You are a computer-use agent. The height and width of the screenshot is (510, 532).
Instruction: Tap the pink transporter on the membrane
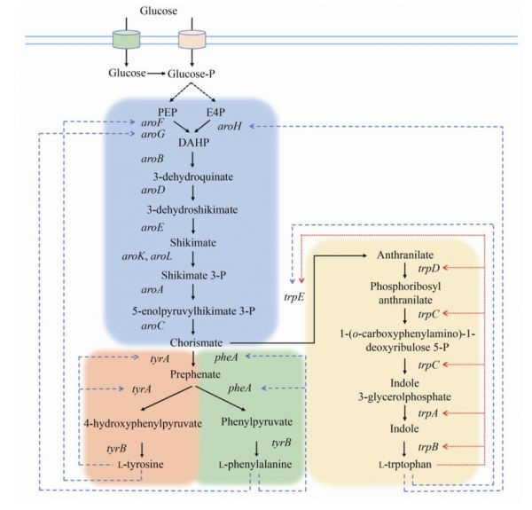click(x=191, y=39)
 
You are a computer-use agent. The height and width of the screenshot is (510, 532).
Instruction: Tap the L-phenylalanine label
click(x=254, y=464)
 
